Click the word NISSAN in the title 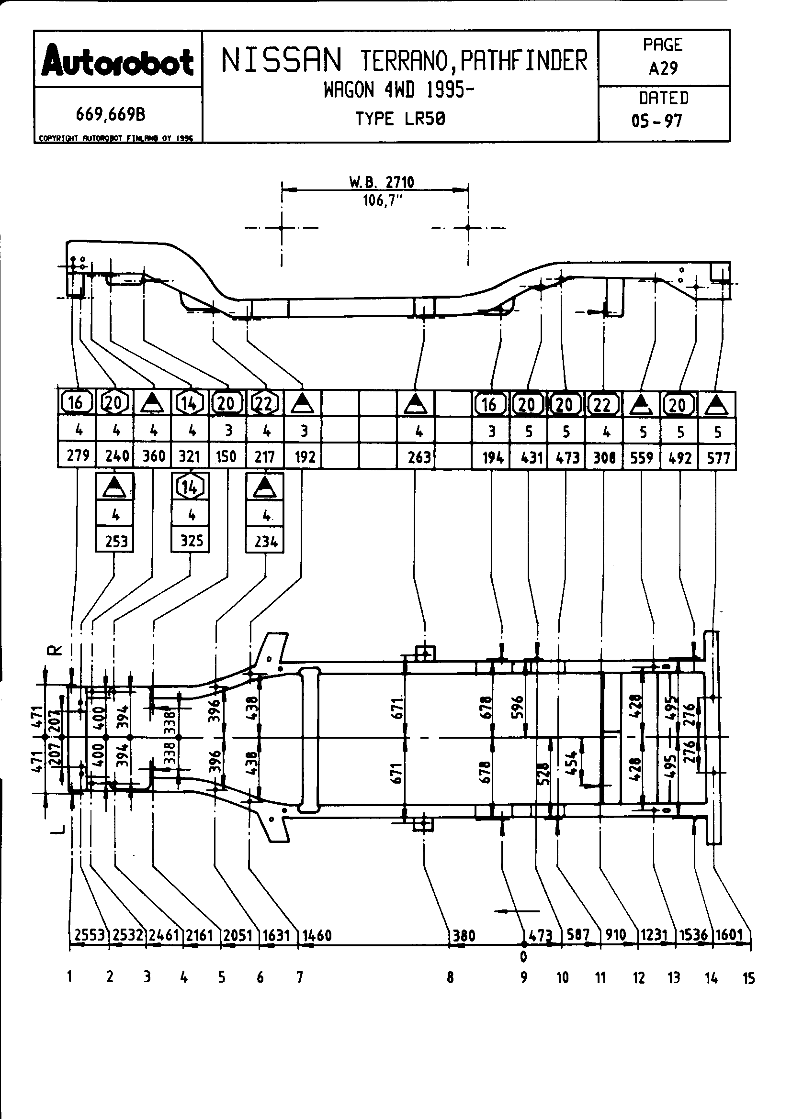282,61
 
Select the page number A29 663,69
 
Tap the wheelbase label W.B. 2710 381,183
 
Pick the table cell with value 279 78,456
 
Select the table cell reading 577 718,458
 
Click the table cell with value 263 419,457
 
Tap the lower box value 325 191,541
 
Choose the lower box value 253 116,542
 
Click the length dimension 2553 89,935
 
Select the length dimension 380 464,935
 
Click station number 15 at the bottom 748,978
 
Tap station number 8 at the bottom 450,977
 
